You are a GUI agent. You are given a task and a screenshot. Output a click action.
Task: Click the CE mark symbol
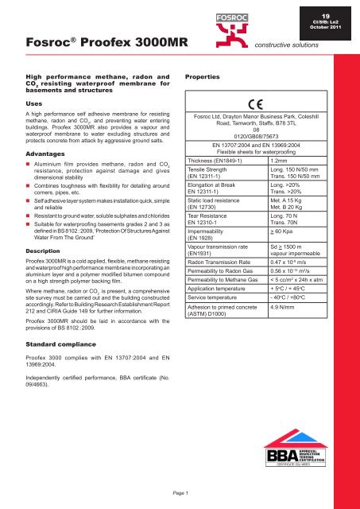[266, 102]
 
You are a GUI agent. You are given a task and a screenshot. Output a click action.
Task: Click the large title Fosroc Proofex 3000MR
[91, 40]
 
